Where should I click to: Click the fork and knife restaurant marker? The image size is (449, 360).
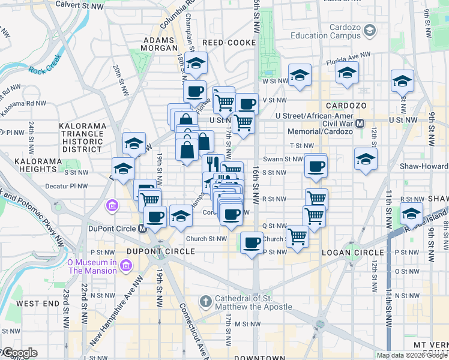pos(213,163)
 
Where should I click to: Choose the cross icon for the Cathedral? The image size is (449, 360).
pos(205,301)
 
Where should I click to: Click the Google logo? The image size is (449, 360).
pos(19,353)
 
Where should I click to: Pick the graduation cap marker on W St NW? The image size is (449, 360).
pos(299,76)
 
